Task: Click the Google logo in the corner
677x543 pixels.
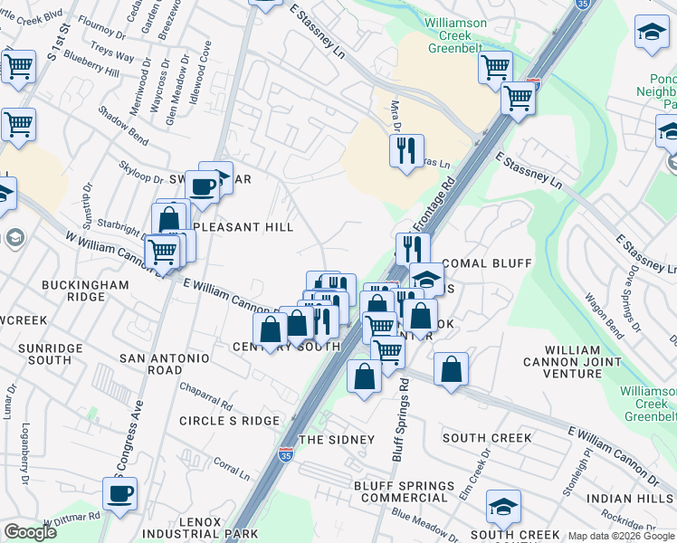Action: pyautogui.click(x=31, y=532)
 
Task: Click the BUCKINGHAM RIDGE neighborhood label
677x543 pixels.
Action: pyautogui.click(x=85, y=291)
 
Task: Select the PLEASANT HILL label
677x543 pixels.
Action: pyautogui.click(x=240, y=227)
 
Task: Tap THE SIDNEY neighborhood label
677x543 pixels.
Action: pyautogui.click(x=337, y=440)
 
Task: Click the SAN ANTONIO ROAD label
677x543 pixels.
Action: pyautogui.click(x=165, y=365)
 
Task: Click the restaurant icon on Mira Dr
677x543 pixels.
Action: pyautogui.click(x=406, y=148)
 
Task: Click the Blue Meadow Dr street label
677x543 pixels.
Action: pyautogui.click(x=425, y=526)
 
